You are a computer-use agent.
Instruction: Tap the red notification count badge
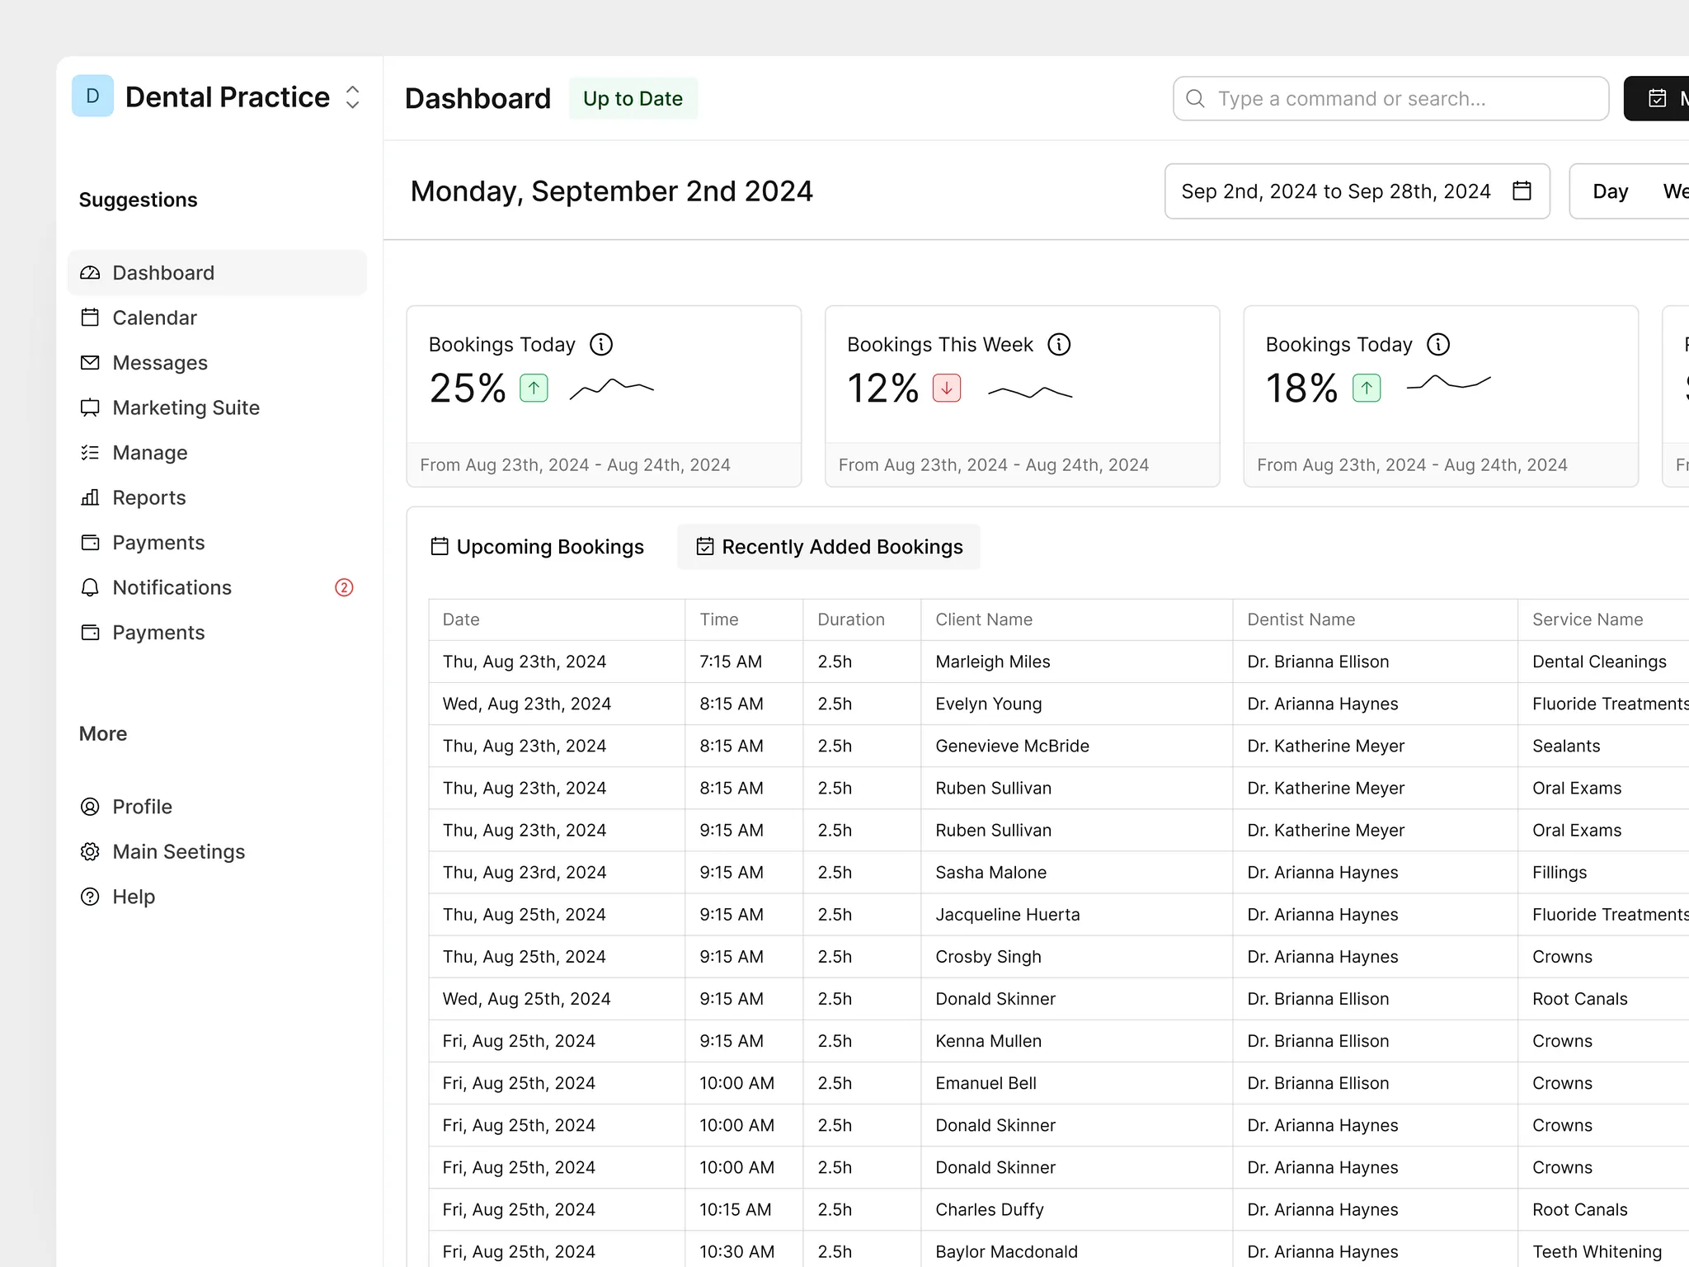coord(344,587)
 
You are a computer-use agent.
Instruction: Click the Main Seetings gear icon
coord(90,851)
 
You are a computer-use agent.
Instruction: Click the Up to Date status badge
coord(633,98)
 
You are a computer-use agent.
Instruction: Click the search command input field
coord(1390,98)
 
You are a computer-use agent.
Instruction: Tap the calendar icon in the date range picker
coord(1522,191)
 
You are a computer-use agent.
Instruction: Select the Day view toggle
coord(1610,191)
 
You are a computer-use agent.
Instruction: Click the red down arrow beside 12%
coord(947,388)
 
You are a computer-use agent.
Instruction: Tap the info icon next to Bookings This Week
coord(1059,344)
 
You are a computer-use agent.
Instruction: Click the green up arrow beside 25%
coord(534,388)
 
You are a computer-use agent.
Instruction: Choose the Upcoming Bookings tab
coord(537,547)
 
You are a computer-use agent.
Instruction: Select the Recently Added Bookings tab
coord(829,547)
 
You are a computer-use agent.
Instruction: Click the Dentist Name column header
coord(1301,619)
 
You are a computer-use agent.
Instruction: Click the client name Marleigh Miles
coord(993,662)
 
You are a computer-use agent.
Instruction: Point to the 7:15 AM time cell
coord(731,662)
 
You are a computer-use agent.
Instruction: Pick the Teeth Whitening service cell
coord(1597,1251)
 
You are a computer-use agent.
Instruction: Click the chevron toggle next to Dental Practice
coord(352,97)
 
